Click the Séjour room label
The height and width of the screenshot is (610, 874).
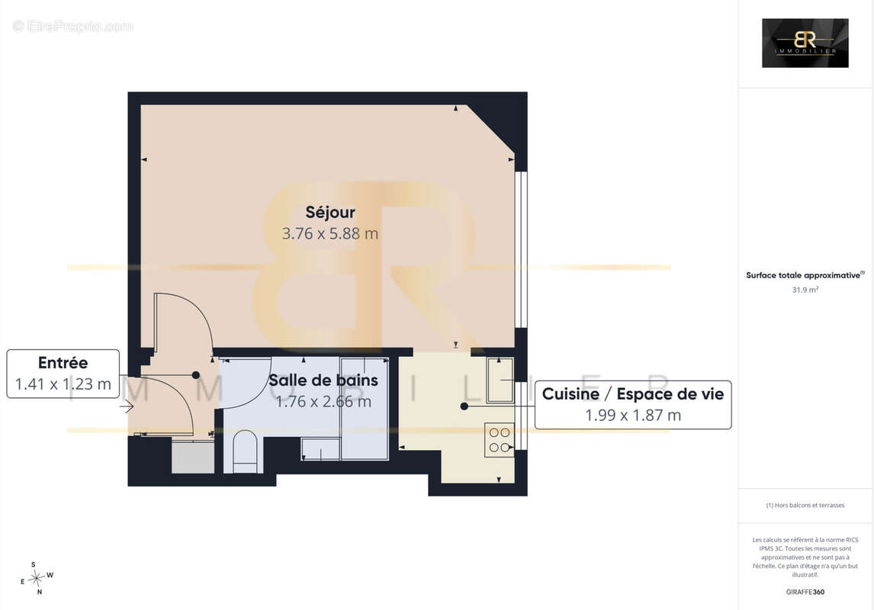click(330, 212)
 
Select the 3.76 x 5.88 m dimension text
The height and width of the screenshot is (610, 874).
click(330, 233)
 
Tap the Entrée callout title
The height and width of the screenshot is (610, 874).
click(63, 363)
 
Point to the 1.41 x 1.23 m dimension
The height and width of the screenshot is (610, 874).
click(63, 384)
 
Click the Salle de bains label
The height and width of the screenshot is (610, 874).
click(323, 380)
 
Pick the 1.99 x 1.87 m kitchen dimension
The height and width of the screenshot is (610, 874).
click(633, 415)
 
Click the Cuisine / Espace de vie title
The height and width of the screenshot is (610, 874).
click(633, 394)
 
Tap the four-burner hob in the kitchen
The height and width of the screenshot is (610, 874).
click(500, 440)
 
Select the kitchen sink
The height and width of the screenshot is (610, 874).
click(500, 380)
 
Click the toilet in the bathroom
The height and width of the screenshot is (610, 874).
click(244, 451)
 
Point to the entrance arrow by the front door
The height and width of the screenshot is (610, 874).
click(127, 407)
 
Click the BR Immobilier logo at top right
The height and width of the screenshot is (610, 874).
click(805, 43)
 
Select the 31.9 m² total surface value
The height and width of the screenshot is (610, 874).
click(805, 290)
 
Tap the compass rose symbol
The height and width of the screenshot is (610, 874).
click(37, 578)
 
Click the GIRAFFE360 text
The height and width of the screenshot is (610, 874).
click(805, 592)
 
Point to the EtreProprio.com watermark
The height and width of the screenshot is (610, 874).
click(72, 26)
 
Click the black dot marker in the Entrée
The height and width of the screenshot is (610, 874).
click(196, 375)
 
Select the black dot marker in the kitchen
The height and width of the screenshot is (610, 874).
click(464, 406)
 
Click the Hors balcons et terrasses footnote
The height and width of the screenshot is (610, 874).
click(805, 506)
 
